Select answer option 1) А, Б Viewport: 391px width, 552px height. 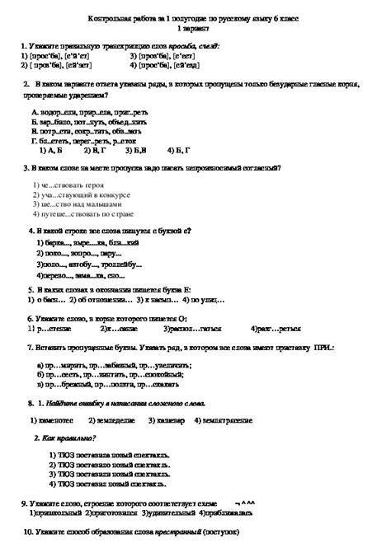coord(51,151)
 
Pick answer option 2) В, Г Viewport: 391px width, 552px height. coord(94,151)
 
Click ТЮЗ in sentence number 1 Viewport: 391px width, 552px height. coord(67,453)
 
